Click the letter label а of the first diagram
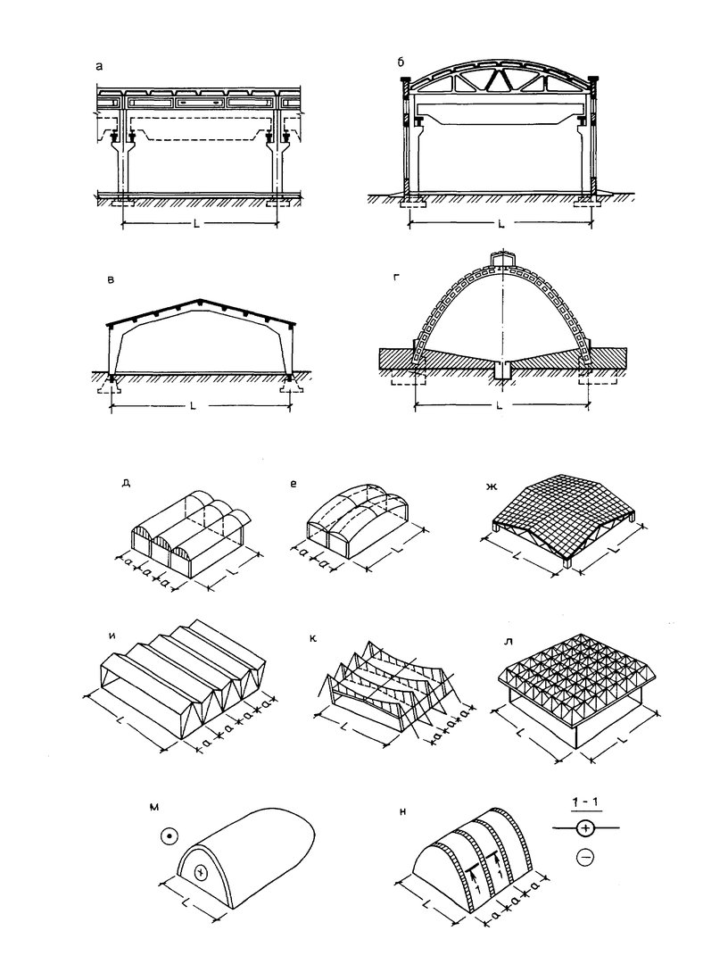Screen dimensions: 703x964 click(100, 65)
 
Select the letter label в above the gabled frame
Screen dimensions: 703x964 click(111, 279)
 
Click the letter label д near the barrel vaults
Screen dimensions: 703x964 click(126, 483)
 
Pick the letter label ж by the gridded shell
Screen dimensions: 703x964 click(491, 487)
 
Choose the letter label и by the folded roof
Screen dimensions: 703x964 click(112, 636)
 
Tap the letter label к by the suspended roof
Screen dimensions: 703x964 click(313, 639)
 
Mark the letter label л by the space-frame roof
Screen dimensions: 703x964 click(509, 642)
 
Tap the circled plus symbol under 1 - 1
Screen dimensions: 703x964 click(585, 828)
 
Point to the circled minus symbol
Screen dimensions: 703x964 click(585, 856)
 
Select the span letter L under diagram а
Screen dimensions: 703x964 click(196, 224)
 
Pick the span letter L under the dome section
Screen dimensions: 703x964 click(499, 405)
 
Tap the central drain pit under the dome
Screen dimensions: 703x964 click(502, 372)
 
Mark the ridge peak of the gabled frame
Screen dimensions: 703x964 click(200, 300)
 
